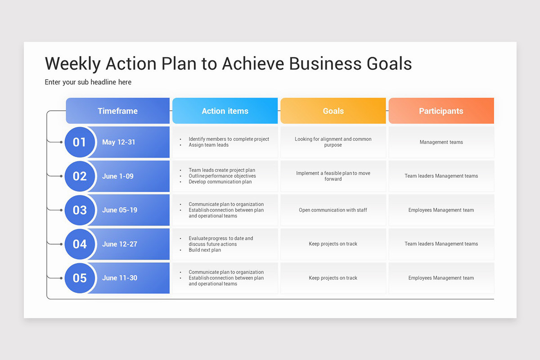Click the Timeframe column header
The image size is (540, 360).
pyautogui.click(x=117, y=111)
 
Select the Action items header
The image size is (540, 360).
pyautogui.click(x=225, y=111)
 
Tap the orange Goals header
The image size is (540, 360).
pyautogui.click(x=333, y=111)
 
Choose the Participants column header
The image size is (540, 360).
pyautogui.click(x=441, y=111)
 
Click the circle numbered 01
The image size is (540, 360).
pyautogui.click(x=80, y=142)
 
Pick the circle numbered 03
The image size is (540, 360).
pyautogui.click(x=80, y=210)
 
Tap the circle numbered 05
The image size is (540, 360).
pyautogui.click(x=80, y=278)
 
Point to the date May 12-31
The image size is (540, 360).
pyautogui.click(x=118, y=142)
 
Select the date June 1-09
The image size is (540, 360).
pyautogui.click(x=117, y=176)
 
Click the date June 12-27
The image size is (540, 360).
pyautogui.click(x=119, y=244)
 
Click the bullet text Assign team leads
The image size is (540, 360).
pyautogui.click(x=208, y=145)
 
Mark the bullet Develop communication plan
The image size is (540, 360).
pyautogui.click(x=220, y=182)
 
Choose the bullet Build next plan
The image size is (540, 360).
pyautogui.click(x=205, y=250)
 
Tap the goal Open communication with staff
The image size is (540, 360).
pyautogui.click(x=333, y=210)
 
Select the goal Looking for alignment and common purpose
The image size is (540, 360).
pyautogui.click(x=333, y=142)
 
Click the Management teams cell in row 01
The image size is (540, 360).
pyautogui.click(x=441, y=142)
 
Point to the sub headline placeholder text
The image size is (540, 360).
pyautogui.click(x=88, y=82)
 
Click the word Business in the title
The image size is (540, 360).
pyautogui.click(x=324, y=64)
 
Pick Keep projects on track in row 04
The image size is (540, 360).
pyautogui.click(x=333, y=244)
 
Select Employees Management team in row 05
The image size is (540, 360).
pyautogui.click(x=441, y=278)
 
